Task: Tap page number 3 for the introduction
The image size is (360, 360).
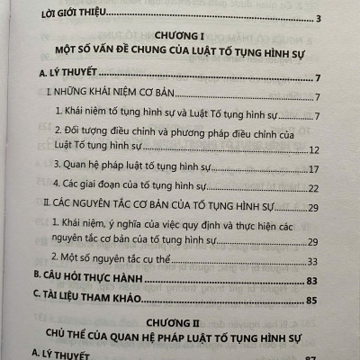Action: pos(330,21)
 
